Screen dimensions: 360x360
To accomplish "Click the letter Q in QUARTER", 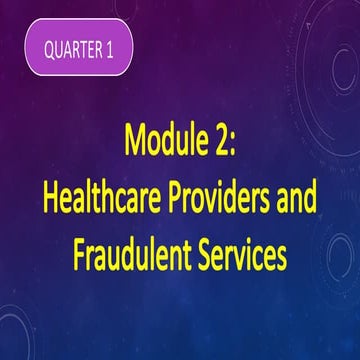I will (49, 49).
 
